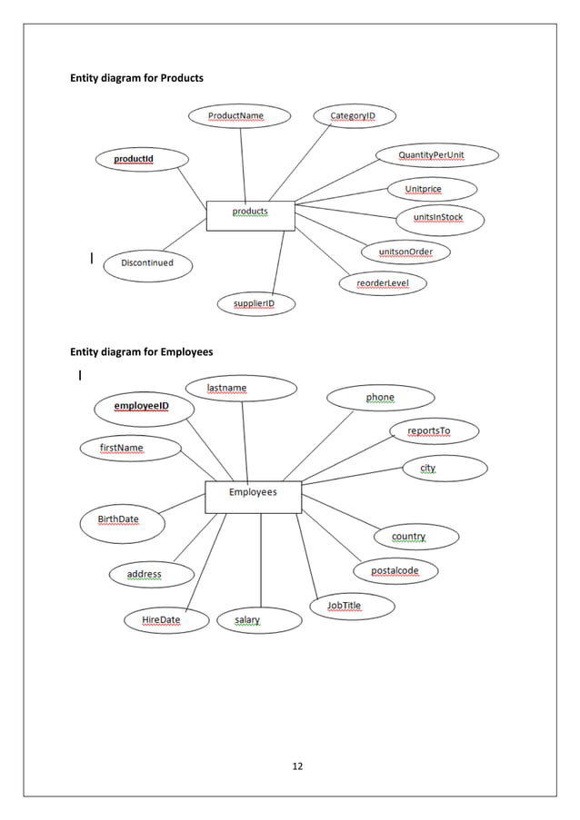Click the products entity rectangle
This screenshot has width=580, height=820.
(x=250, y=215)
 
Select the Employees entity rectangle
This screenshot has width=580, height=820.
(x=253, y=496)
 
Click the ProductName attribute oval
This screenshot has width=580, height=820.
(x=239, y=116)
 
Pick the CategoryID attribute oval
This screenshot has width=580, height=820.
(x=352, y=116)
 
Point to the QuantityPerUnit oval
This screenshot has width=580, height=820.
(x=436, y=156)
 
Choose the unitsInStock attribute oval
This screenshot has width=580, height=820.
(x=439, y=218)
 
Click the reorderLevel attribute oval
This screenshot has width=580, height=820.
(x=383, y=283)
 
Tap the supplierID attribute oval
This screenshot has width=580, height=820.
(x=256, y=303)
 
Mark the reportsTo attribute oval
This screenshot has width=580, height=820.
(x=433, y=430)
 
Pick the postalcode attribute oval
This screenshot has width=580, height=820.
(x=395, y=571)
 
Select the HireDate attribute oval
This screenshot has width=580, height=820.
(x=163, y=620)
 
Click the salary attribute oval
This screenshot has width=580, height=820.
(x=259, y=620)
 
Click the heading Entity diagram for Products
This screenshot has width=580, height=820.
(x=137, y=78)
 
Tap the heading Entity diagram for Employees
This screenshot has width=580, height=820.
(x=142, y=351)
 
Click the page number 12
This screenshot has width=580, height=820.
(x=296, y=766)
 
